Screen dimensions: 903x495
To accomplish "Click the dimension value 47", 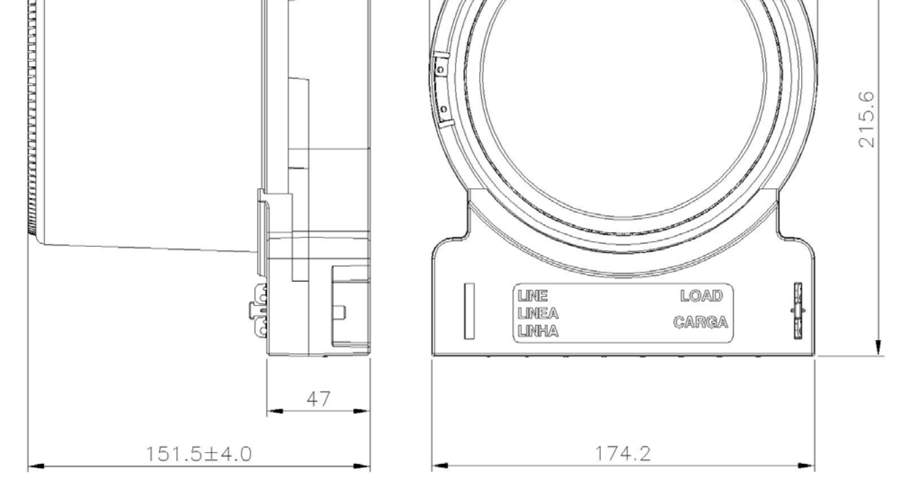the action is click(x=319, y=399).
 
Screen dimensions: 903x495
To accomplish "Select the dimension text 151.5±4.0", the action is click(x=198, y=454).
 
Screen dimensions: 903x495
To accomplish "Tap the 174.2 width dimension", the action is click(x=623, y=454).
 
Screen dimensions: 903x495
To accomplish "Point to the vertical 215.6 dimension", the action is click(x=867, y=119).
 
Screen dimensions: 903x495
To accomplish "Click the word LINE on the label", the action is click(x=532, y=296).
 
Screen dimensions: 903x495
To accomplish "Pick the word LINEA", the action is click(x=538, y=314).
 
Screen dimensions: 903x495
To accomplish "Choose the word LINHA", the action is click(x=538, y=331).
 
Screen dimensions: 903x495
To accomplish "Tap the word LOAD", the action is click(x=701, y=296).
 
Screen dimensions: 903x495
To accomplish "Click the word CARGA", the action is click(x=701, y=322).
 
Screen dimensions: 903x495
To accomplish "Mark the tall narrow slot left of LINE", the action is click(x=469, y=311).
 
